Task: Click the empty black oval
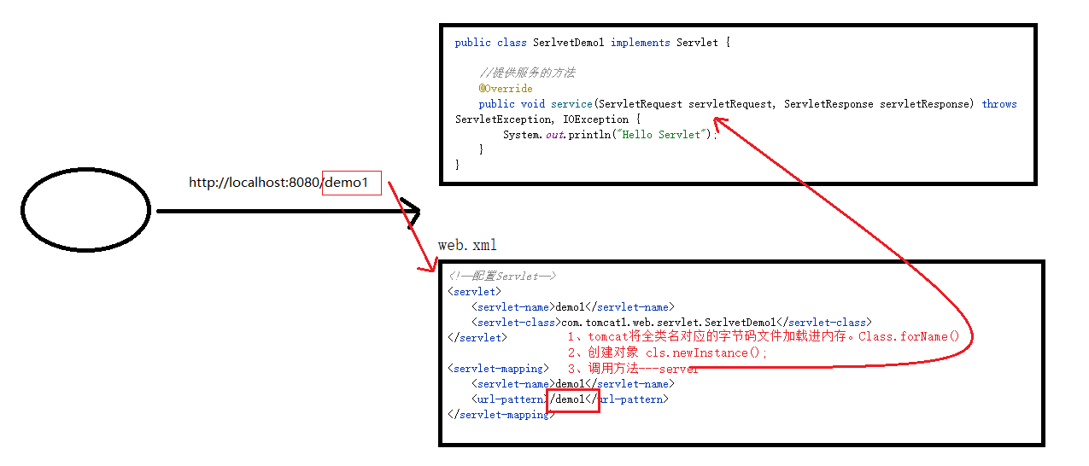pos(85,210)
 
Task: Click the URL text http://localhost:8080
pos(255,183)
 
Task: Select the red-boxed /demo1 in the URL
pos(350,183)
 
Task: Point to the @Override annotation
pos(506,89)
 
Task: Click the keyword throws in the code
pos(998,104)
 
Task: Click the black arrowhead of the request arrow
pos(413,212)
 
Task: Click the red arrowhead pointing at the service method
pos(719,123)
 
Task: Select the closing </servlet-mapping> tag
pos(501,415)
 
